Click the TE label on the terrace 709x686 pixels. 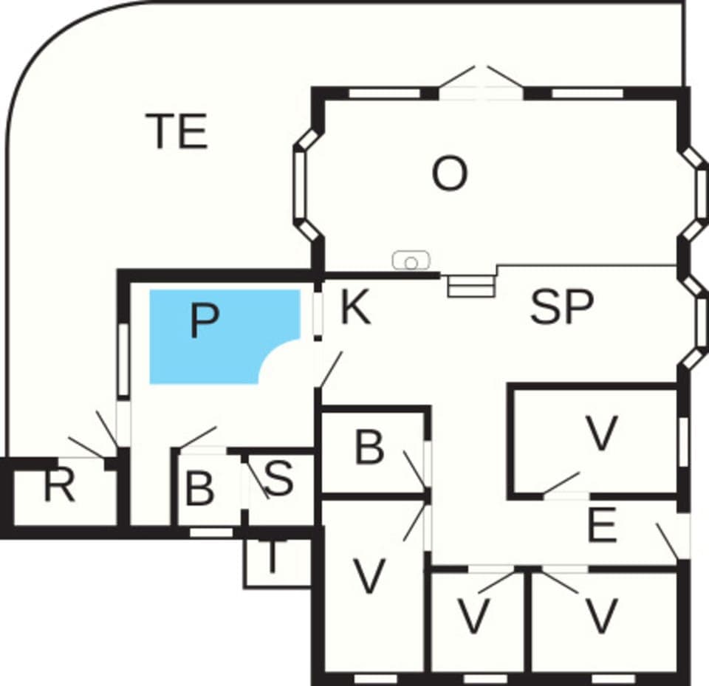tap(177, 131)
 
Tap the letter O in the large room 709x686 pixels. tap(449, 176)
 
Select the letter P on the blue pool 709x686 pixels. tap(204, 322)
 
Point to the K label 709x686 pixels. tap(355, 309)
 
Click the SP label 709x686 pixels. tap(562, 308)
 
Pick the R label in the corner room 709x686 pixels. tap(59, 488)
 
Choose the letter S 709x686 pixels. tap(278, 479)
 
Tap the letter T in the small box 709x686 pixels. tap(273, 560)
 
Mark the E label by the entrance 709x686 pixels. tap(602, 526)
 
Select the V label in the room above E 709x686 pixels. tap(601, 433)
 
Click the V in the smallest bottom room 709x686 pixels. tap(473, 617)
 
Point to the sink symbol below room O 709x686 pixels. tap(411, 261)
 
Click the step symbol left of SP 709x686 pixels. tap(470, 286)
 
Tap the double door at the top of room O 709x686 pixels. tap(482, 83)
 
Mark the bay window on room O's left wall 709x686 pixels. tap(306, 185)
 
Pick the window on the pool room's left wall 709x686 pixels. tap(124, 361)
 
